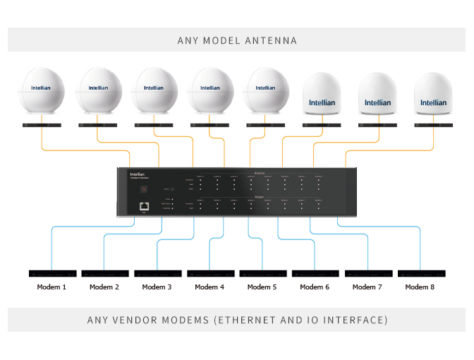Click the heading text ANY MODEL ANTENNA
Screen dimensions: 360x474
pyautogui.click(x=237, y=40)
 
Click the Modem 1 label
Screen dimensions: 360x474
pyautogui.click(x=52, y=287)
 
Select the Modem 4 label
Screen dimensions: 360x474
pyautogui.click(x=209, y=287)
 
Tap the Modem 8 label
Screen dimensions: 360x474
pyautogui.click(x=420, y=287)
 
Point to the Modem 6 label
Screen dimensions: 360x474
pyautogui.click(x=315, y=287)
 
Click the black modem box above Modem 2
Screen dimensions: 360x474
pyautogui.click(x=105, y=273)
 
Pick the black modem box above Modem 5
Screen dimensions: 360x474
pyautogui.click(x=262, y=273)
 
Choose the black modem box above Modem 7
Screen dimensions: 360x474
pyautogui.click(x=368, y=273)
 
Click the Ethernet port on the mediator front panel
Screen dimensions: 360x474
pyautogui.click(x=145, y=206)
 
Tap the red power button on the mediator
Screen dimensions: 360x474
pyautogui.click(x=144, y=188)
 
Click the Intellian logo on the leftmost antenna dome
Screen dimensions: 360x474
pyautogui.click(x=41, y=88)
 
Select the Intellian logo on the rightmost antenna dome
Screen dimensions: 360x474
pyautogui.click(x=433, y=102)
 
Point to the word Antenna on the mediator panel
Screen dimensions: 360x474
pyautogui.click(x=259, y=172)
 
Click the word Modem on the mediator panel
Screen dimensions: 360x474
pyautogui.click(x=259, y=198)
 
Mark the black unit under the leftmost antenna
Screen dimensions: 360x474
pyautogui.click(x=41, y=125)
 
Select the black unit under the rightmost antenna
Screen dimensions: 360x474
pyautogui.click(x=433, y=125)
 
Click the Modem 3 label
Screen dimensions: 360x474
pyautogui.click(x=157, y=287)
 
